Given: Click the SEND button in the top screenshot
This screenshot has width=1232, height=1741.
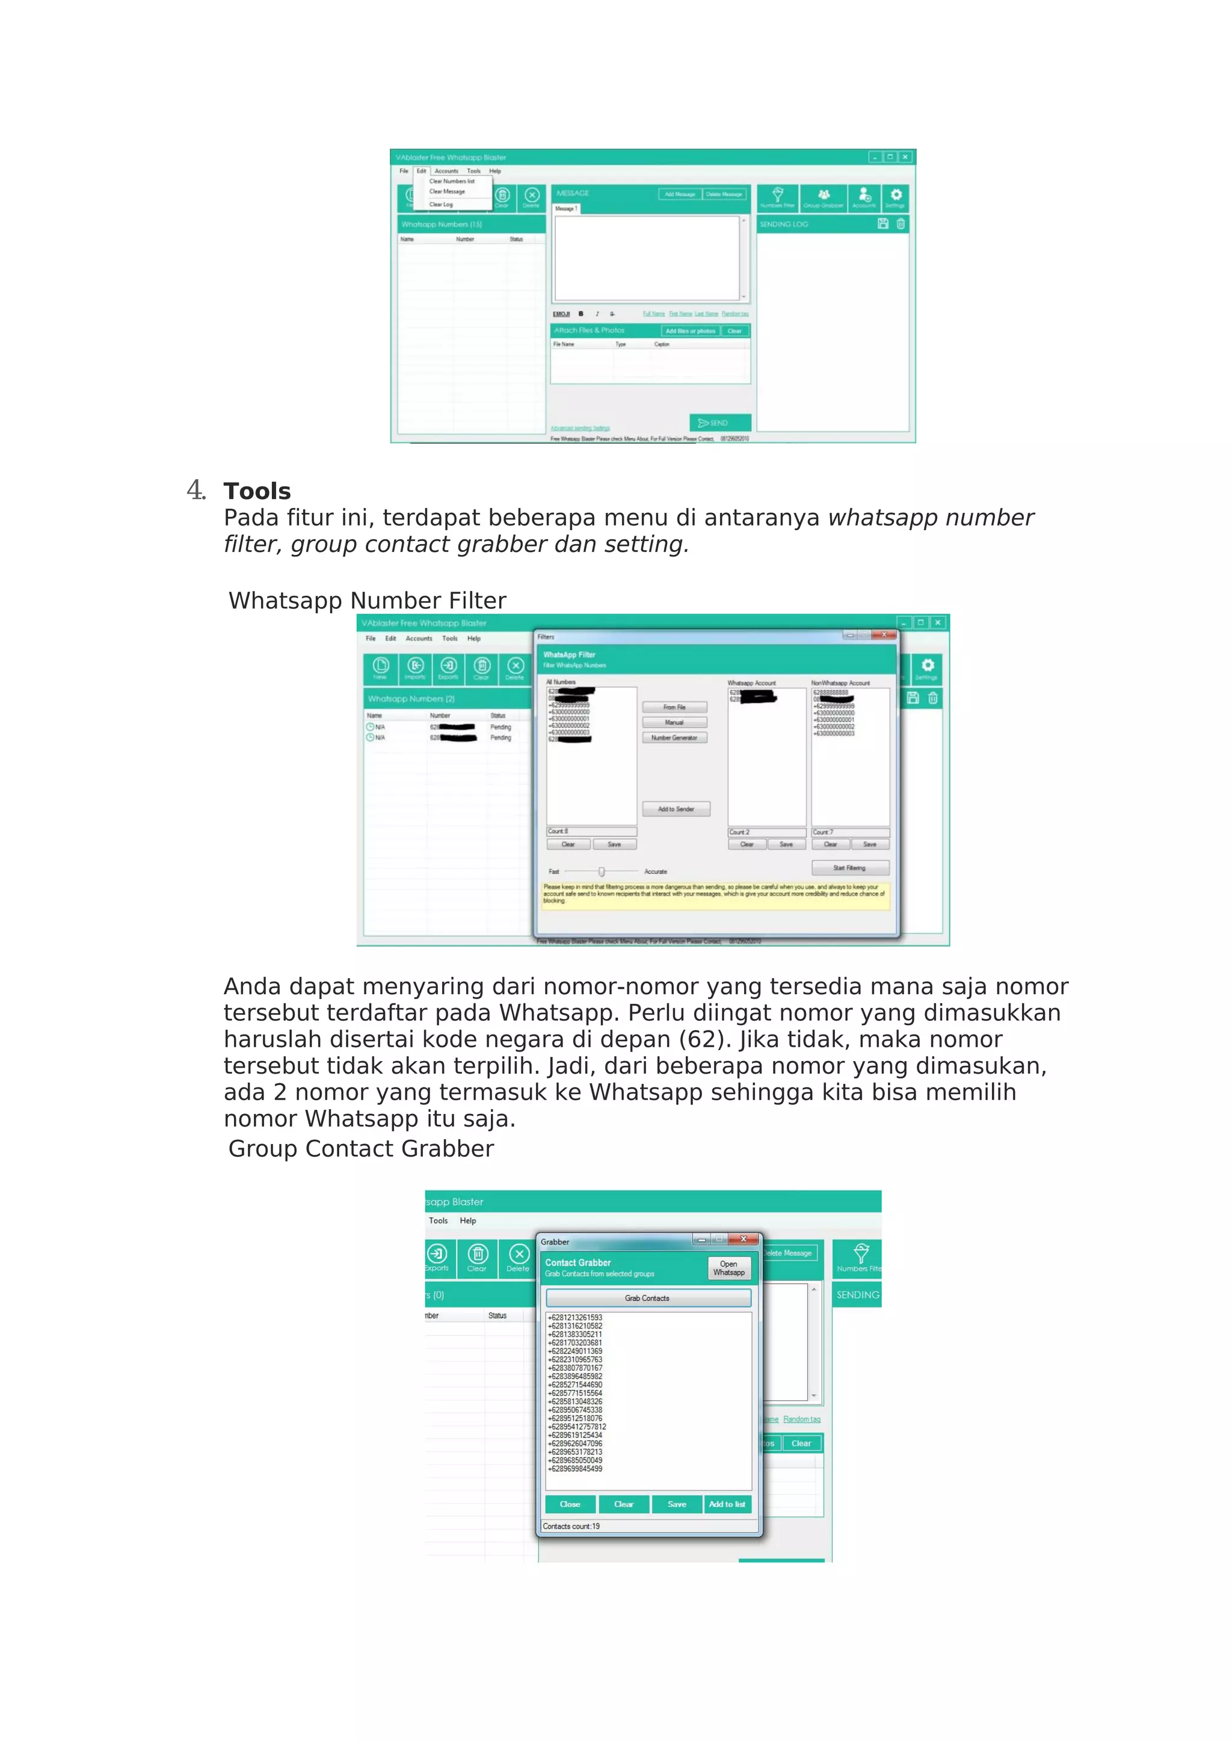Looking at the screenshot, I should point(719,423).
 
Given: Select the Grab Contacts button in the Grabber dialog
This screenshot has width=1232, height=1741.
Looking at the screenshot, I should point(647,1297).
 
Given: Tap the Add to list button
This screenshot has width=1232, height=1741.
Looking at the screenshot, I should point(726,1504).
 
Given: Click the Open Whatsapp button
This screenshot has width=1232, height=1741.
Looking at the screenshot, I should point(728,1268).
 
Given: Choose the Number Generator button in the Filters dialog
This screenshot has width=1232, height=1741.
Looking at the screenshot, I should point(674,737).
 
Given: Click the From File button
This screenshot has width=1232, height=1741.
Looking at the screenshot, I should point(674,707).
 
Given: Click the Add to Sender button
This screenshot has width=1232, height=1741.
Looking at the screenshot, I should point(676,809).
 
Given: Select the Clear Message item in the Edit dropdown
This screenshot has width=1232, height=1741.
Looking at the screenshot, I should point(447,192).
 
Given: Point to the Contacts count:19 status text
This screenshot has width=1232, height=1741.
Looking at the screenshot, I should point(571,1526).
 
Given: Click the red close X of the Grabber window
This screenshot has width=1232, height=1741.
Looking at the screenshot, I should point(744,1239).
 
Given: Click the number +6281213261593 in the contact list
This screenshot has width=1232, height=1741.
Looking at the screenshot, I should point(575,1317).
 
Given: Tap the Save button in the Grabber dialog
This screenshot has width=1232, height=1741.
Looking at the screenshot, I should point(677,1504).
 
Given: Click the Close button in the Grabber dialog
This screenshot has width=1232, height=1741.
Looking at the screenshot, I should point(570,1504).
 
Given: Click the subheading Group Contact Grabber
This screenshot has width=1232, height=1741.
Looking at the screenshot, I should point(361,1149).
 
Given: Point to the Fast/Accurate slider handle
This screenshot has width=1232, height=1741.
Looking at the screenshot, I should point(602,871).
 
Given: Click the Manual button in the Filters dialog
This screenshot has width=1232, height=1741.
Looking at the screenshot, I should point(674,722).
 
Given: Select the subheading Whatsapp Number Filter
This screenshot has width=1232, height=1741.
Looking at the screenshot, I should point(367,601).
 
